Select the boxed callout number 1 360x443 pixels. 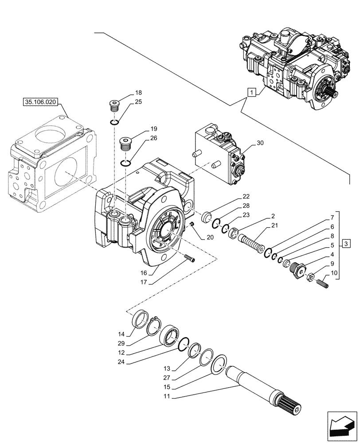click(251, 93)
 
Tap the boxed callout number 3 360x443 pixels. click(347, 244)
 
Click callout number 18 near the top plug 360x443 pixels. click(138, 93)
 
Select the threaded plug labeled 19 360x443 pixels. click(127, 143)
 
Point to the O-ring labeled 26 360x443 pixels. click(126, 163)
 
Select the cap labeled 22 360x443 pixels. click(207, 218)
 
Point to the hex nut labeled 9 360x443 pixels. click(310, 277)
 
